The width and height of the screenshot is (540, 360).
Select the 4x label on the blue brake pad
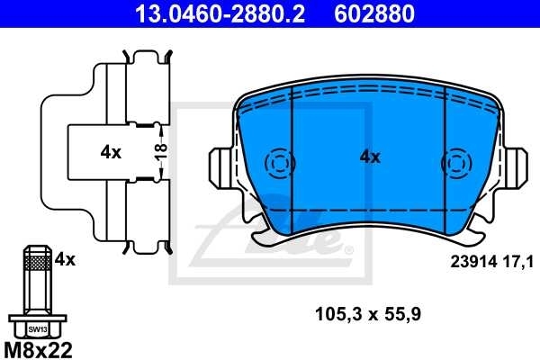point(370,157)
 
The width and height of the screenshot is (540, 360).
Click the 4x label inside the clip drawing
point(111,153)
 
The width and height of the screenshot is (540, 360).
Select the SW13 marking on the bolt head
point(36,329)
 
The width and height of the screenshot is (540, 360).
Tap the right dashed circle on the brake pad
point(456,164)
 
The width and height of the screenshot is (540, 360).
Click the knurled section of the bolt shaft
point(36,263)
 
